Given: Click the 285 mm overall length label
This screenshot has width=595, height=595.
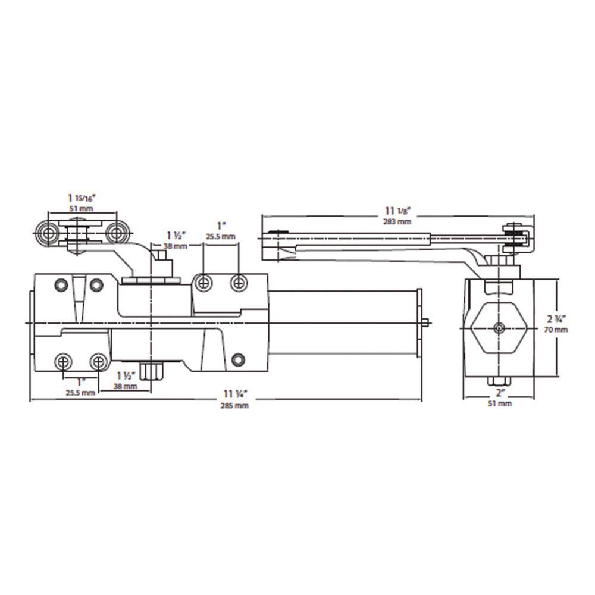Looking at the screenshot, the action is pyautogui.click(x=234, y=406).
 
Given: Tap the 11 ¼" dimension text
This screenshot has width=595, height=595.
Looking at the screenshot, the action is pyautogui.click(x=235, y=394).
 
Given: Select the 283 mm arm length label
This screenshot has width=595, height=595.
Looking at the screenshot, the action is pyautogui.click(x=397, y=221).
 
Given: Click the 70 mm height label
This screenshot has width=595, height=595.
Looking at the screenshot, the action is pyautogui.click(x=556, y=330).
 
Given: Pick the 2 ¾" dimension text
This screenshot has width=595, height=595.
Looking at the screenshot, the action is pyautogui.click(x=556, y=319).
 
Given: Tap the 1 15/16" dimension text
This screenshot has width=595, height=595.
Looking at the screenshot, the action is pyautogui.click(x=82, y=198).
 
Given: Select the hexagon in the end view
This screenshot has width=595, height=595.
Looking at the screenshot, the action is pyautogui.click(x=498, y=328).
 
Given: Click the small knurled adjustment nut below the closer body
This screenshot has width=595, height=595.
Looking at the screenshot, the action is pyautogui.click(x=151, y=371).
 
